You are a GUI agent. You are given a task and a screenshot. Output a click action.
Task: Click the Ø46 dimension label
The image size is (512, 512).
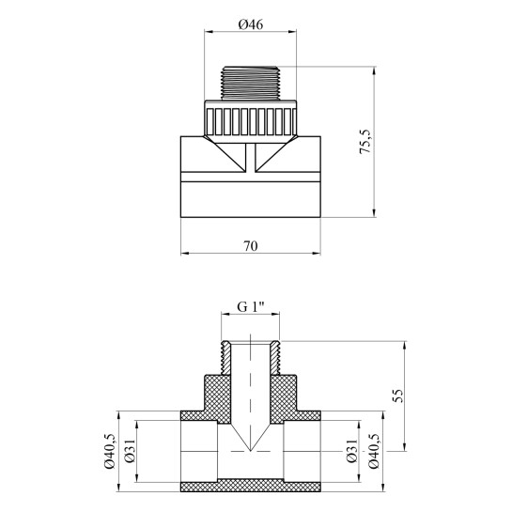[251, 24]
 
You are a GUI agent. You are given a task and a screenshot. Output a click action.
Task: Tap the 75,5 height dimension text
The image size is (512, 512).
[365, 142]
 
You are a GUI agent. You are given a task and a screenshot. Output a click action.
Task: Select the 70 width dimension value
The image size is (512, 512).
[251, 246]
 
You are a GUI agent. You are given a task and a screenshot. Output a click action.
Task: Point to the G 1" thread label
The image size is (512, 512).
[251, 307]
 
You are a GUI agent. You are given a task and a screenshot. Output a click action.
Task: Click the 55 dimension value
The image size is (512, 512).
[398, 396]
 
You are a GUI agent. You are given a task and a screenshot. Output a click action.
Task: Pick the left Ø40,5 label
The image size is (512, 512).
[110, 451]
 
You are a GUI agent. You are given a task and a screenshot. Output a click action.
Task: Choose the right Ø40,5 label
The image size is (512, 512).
[374, 451]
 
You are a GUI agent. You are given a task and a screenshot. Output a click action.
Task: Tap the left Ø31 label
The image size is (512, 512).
[130, 451]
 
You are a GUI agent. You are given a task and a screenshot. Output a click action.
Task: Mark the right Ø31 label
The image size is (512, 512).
[351, 451]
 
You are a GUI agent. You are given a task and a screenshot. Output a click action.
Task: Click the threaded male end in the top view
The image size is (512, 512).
[251, 84]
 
